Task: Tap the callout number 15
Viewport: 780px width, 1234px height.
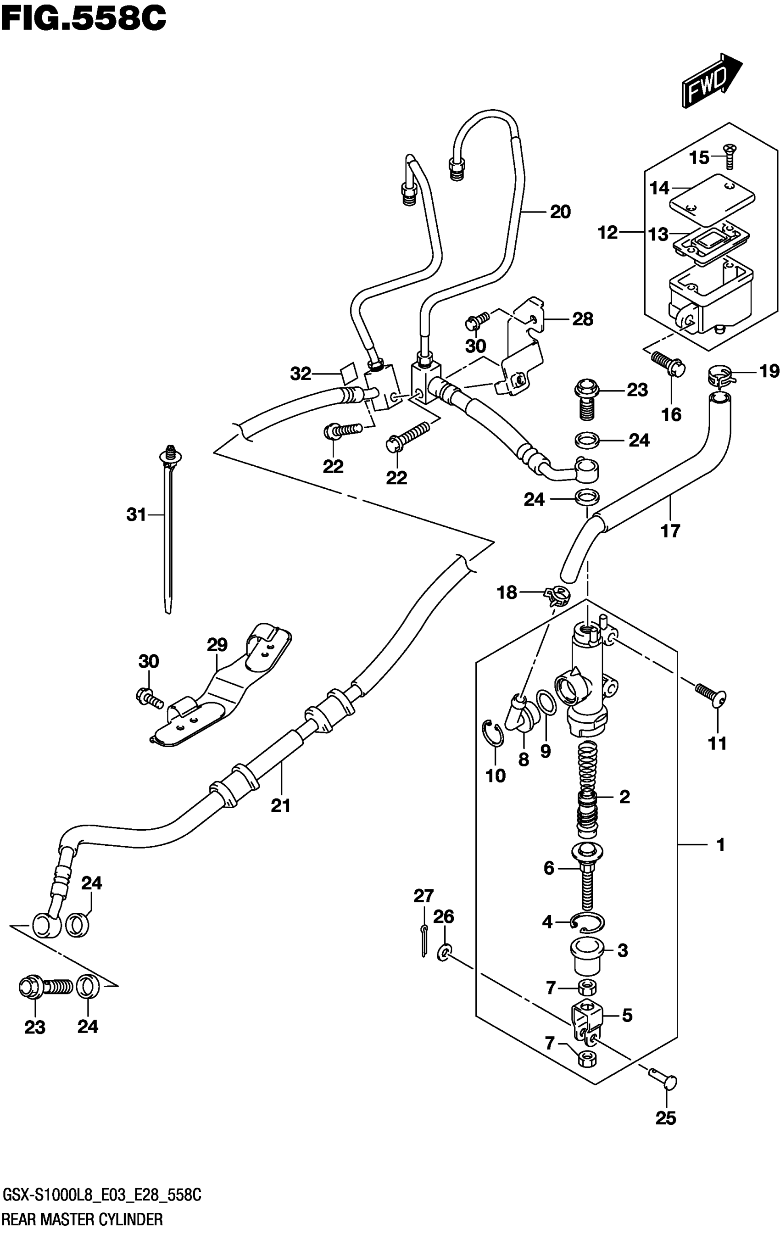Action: click(x=699, y=157)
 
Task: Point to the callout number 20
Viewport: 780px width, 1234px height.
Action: click(x=560, y=212)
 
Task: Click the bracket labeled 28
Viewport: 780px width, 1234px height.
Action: click(x=518, y=347)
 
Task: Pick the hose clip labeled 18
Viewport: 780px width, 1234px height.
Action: click(x=556, y=596)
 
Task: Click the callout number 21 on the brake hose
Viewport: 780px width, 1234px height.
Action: click(x=280, y=806)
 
